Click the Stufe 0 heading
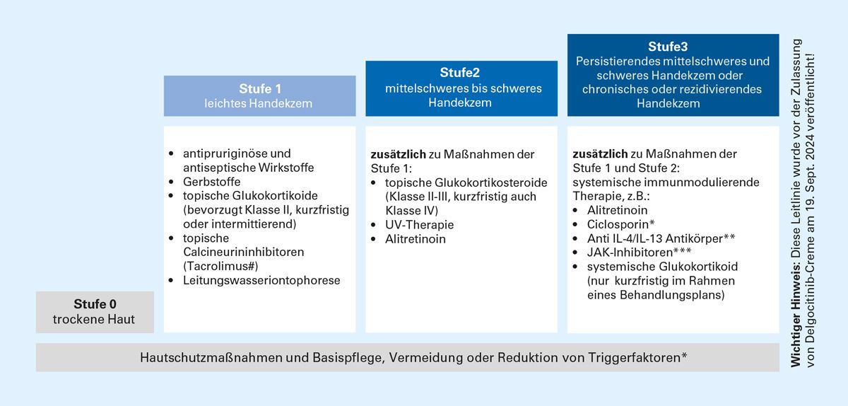(94, 305)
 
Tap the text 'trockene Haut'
(94, 320)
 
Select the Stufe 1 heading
(260, 89)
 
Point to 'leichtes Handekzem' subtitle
(260, 104)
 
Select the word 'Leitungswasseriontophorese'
(261, 281)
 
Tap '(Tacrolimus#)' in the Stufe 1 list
(220, 266)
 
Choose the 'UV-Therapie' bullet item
(420, 224)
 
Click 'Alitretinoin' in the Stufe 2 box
(416, 238)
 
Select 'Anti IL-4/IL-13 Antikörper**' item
(661, 238)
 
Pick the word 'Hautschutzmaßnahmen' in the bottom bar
(211, 357)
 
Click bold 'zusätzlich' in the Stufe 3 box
(599, 153)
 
